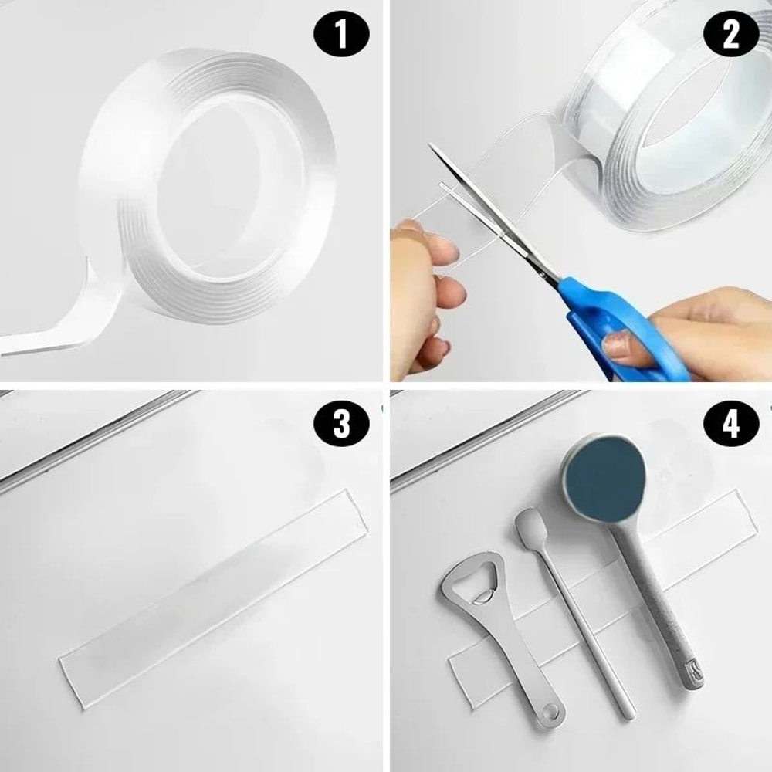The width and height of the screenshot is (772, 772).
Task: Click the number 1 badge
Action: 341,36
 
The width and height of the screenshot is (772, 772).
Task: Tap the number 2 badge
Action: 730,36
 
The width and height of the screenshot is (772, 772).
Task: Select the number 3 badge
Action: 341,426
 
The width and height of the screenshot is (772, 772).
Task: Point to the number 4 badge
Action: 730,426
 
